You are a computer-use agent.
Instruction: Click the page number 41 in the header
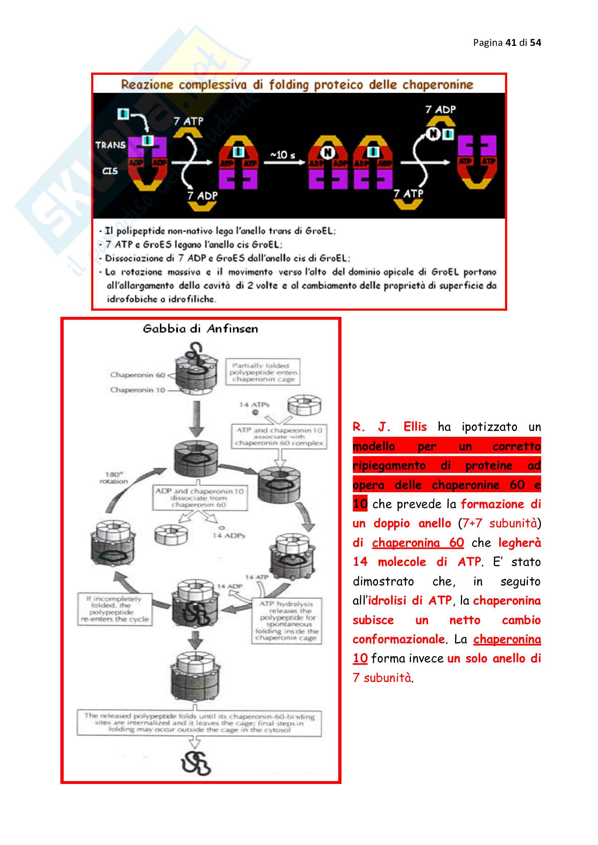pyautogui.click(x=511, y=43)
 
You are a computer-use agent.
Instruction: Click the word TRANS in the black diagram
pyautogui.click(x=110, y=145)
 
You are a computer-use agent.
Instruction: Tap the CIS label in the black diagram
pyautogui.click(x=110, y=171)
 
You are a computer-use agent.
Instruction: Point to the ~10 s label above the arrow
pyautogui.click(x=283, y=155)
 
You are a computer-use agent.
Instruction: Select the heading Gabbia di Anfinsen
pyautogui.click(x=200, y=329)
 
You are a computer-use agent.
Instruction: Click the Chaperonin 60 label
pyautogui.click(x=137, y=375)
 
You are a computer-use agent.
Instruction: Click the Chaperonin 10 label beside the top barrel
pyautogui.click(x=137, y=390)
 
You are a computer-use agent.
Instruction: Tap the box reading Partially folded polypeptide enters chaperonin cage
pyautogui.click(x=263, y=372)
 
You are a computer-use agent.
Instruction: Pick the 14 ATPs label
pyautogui.click(x=254, y=405)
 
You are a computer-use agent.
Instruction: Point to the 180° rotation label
pyautogui.click(x=114, y=478)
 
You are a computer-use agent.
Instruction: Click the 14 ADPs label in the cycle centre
pyautogui.click(x=228, y=535)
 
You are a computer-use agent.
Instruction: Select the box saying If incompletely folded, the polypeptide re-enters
pyautogui.click(x=115, y=609)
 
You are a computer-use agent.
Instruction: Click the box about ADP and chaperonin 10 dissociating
pyautogui.click(x=200, y=497)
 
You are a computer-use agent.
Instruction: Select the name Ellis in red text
pyautogui.click(x=415, y=427)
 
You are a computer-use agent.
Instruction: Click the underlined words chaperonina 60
pyautogui.click(x=417, y=543)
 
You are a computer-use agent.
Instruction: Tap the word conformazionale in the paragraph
pyautogui.click(x=398, y=639)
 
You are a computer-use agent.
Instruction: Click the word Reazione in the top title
pyautogui.click(x=147, y=85)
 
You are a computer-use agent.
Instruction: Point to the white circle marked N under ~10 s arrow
pyautogui.click(x=327, y=152)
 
